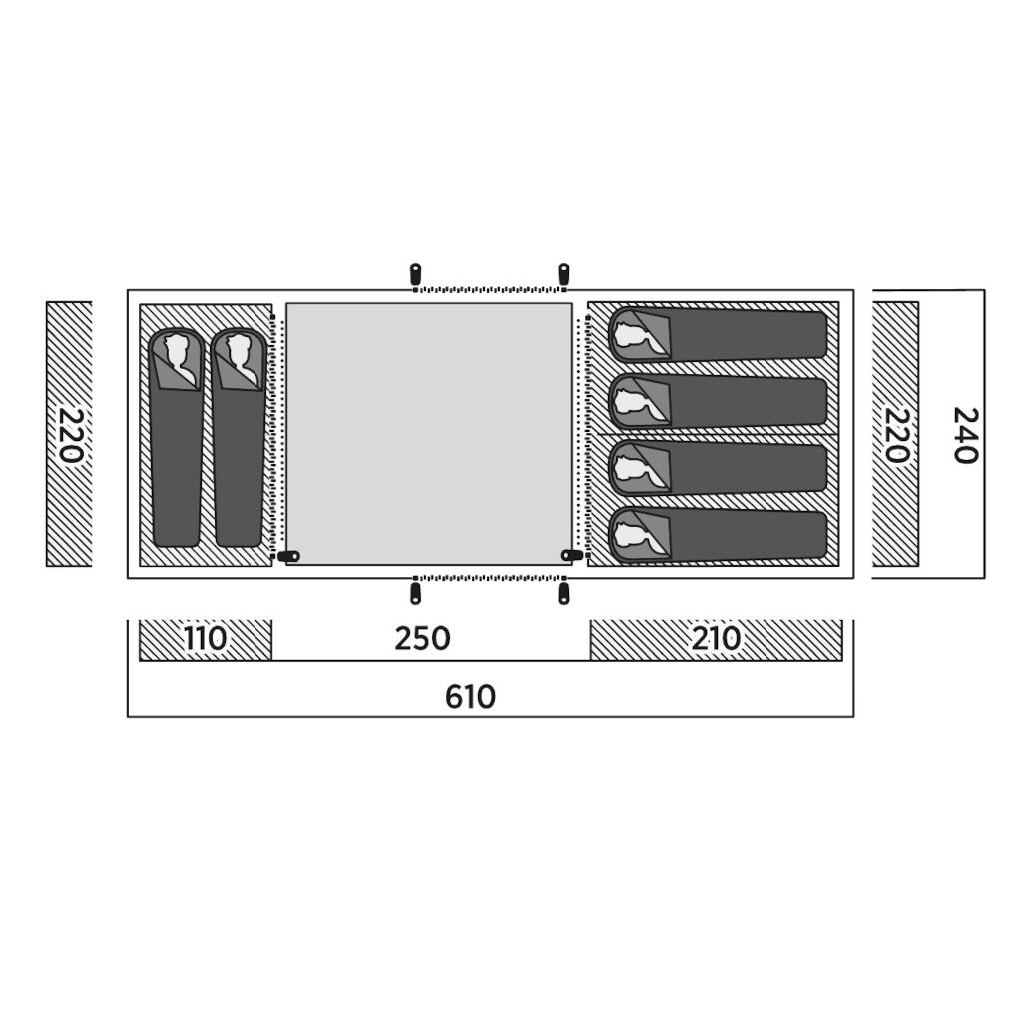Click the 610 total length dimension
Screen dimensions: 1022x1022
click(470, 697)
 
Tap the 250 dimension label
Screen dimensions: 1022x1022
click(422, 639)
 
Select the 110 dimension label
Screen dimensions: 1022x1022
click(205, 639)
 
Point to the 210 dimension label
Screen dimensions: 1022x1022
click(716, 639)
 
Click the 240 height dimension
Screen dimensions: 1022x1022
click(966, 435)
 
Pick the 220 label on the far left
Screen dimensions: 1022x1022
click(71, 435)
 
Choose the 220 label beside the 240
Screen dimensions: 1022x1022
click(897, 435)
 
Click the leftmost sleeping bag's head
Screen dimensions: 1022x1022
click(178, 357)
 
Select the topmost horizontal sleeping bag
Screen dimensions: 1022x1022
click(719, 334)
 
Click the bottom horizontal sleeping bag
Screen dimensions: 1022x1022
click(719, 536)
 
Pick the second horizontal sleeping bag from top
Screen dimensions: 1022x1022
click(719, 401)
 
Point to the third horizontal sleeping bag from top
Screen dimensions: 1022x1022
click(719, 469)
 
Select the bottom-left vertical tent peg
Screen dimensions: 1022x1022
click(414, 594)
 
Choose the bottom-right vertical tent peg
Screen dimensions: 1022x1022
click(563, 594)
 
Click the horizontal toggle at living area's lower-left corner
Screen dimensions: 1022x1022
click(288, 556)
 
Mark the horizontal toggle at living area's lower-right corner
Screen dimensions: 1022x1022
click(572, 555)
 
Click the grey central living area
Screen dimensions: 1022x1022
click(429, 433)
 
